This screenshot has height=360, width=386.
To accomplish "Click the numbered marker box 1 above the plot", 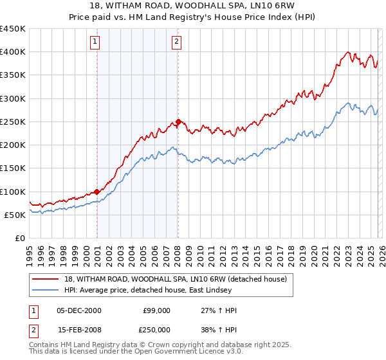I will (95, 42).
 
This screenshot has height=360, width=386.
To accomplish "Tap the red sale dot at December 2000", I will (97, 192).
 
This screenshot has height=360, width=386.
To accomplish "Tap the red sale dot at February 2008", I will (178, 122).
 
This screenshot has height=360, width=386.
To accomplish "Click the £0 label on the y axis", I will (19, 238).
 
